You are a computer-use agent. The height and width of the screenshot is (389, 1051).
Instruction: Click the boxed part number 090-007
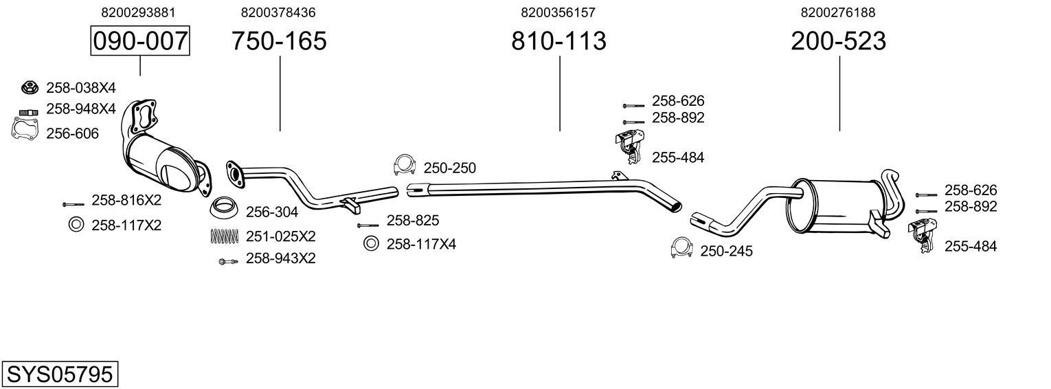[140, 41]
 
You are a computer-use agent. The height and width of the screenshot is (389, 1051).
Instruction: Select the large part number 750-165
[279, 41]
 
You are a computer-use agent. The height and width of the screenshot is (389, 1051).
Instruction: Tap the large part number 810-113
[558, 41]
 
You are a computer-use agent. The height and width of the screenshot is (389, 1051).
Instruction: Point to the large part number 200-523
[838, 41]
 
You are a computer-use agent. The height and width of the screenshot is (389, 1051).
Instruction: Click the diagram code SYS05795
[59, 375]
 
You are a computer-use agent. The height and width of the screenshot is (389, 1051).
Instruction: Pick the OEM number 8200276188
[837, 12]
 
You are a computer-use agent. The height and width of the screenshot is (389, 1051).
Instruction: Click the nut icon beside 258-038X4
[29, 87]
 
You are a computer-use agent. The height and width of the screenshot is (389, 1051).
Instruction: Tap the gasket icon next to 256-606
[25, 129]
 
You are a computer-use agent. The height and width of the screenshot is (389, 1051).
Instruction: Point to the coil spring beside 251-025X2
[224, 236]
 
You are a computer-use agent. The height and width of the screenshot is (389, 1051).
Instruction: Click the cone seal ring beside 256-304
[224, 206]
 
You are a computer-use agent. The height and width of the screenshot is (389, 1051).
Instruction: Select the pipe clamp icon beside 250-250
[405, 166]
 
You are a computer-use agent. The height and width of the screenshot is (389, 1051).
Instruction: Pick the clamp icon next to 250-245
[681, 249]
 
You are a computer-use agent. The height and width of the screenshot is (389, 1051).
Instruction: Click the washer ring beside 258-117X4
[371, 243]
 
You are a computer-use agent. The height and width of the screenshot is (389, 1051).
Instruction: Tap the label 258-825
[412, 221]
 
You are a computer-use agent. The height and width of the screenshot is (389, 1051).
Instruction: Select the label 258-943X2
[280, 259]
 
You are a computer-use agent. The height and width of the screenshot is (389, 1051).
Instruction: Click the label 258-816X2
[126, 200]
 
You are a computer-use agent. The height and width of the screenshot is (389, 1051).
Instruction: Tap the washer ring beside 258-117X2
[76, 224]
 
